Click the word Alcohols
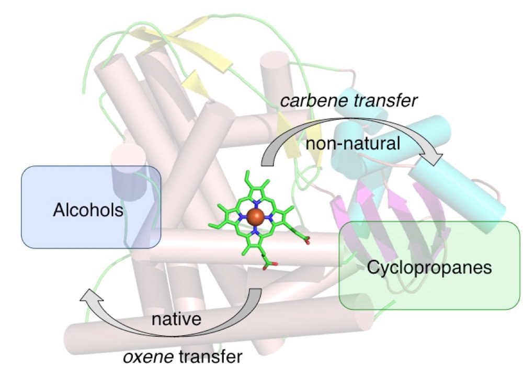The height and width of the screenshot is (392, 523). click(x=88, y=211)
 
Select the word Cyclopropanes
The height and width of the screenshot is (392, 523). click(x=429, y=268)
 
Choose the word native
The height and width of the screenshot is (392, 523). click(x=176, y=319)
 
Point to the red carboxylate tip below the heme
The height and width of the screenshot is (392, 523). click(x=269, y=268)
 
